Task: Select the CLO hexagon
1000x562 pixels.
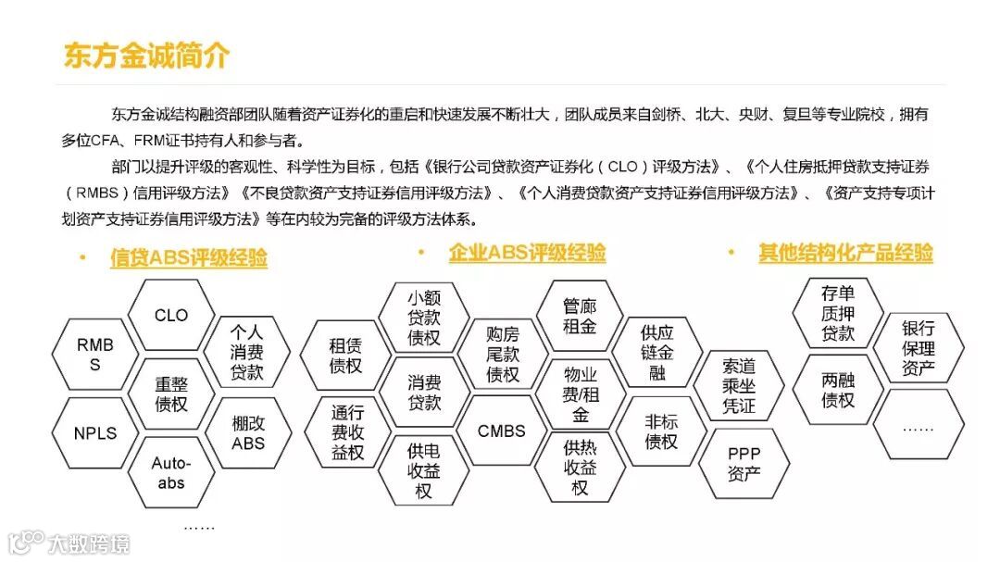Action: pos(171,316)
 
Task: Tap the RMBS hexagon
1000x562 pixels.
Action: pos(95,355)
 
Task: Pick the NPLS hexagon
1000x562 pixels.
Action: pos(95,432)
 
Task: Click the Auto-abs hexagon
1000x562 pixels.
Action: pos(171,472)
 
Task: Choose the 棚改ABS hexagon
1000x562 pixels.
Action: pos(248,432)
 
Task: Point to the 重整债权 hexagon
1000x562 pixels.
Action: pos(171,394)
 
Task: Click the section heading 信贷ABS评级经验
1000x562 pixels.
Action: pos(188,258)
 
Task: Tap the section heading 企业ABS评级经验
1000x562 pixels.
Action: pos(527,253)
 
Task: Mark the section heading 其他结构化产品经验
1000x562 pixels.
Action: pos(845,253)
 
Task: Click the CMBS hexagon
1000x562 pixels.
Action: pos(502,431)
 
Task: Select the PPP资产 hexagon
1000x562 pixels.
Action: pos(744,464)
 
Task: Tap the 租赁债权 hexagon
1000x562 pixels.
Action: pos(346,356)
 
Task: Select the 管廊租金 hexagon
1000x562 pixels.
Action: pos(580,315)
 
